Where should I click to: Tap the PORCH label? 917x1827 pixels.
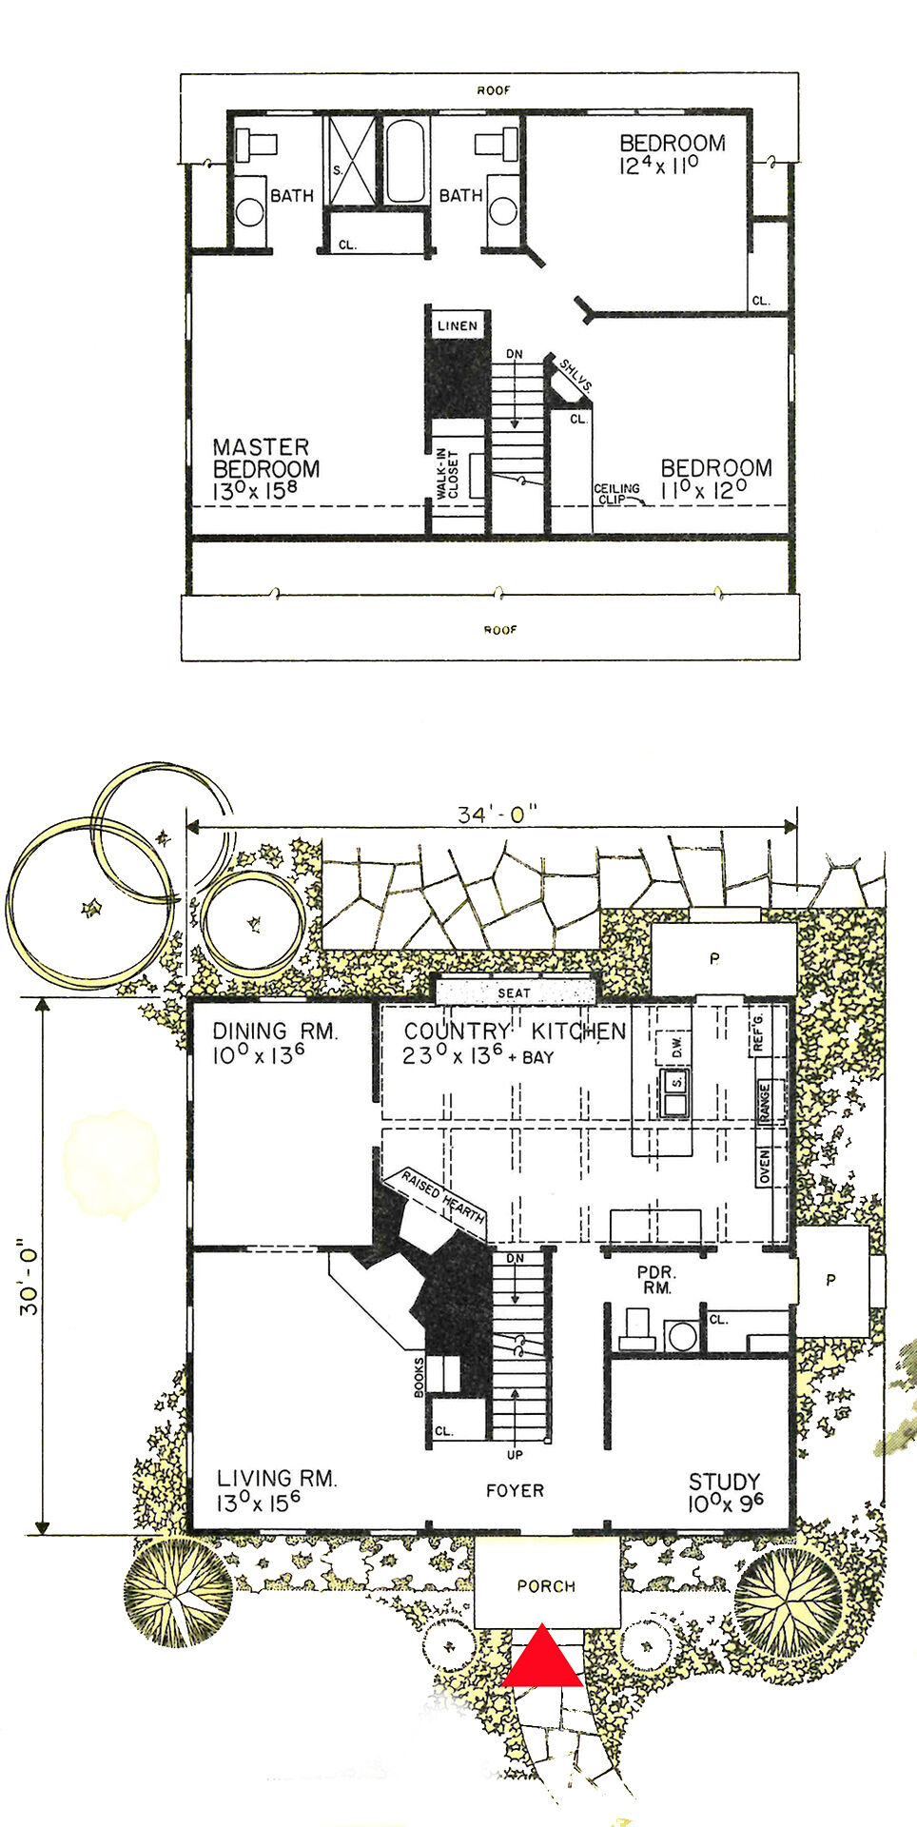pyautogui.click(x=546, y=1586)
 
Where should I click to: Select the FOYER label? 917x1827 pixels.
pyautogui.click(x=515, y=1491)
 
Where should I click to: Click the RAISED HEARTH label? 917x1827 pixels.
pyautogui.click(x=442, y=1196)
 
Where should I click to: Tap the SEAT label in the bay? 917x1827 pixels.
pyautogui.click(x=514, y=992)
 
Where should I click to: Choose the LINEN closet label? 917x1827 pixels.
pyautogui.click(x=458, y=325)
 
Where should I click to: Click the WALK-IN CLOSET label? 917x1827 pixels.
pyautogui.click(x=447, y=473)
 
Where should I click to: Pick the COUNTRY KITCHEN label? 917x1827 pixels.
pyautogui.click(x=515, y=1031)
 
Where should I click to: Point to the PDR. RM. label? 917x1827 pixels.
pyautogui.click(x=655, y=1280)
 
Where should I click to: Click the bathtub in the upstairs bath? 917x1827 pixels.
pyautogui.click(x=405, y=160)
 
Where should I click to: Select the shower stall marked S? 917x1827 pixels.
pyautogui.click(x=353, y=160)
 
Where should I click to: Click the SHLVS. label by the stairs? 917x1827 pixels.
pyautogui.click(x=575, y=377)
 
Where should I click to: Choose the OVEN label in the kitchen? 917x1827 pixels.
pyautogui.click(x=765, y=1167)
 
